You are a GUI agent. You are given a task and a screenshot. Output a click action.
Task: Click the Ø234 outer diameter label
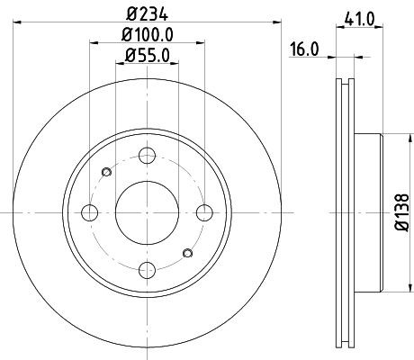pyautogui.click(x=148, y=13)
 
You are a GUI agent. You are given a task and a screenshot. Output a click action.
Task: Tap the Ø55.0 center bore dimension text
pyautogui.click(x=148, y=57)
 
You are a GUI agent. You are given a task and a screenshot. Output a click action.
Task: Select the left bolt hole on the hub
pyautogui.click(x=90, y=213)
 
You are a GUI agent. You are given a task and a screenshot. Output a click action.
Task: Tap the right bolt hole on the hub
pyautogui.click(x=205, y=213)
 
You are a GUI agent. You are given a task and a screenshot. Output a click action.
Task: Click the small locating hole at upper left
pyautogui.click(x=107, y=173)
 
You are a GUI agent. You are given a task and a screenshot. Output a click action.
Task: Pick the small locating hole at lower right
pyautogui.click(x=188, y=254)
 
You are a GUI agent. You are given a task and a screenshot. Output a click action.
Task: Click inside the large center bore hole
pyautogui.click(x=148, y=213)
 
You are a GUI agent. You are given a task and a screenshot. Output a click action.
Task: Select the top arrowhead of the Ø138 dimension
pyautogui.click(x=390, y=138)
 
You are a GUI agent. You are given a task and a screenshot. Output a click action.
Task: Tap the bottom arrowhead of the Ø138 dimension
pyautogui.click(x=390, y=290)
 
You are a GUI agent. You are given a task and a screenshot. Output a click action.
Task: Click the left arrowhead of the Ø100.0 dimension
pyautogui.click(x=94, y=43)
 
